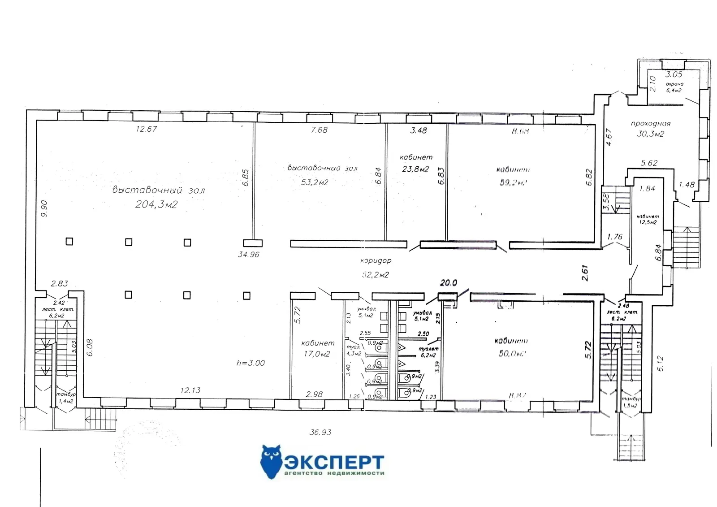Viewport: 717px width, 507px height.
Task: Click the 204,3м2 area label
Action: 156,204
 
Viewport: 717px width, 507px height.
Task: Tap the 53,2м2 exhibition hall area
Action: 315,182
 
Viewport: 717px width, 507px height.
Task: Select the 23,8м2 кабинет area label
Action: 415,169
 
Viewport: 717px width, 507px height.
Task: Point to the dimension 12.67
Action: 147,130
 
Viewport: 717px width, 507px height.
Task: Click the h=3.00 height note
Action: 251,363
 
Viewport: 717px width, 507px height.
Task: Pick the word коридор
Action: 376,260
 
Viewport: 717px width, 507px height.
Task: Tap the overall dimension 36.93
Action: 320,433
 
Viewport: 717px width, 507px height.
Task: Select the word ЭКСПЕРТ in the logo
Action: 334,462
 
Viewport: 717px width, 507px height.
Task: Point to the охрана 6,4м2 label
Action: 674,87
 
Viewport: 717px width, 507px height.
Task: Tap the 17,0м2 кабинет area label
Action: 317,354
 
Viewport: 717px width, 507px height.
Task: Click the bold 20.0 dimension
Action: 448,283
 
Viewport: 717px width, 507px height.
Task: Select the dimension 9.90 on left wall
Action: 44,208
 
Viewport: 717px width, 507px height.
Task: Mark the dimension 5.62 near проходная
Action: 649,163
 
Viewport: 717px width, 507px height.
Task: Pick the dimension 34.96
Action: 249,254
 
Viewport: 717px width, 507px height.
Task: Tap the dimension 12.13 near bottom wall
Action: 190,390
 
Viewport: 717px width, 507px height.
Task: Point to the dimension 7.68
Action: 319,130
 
